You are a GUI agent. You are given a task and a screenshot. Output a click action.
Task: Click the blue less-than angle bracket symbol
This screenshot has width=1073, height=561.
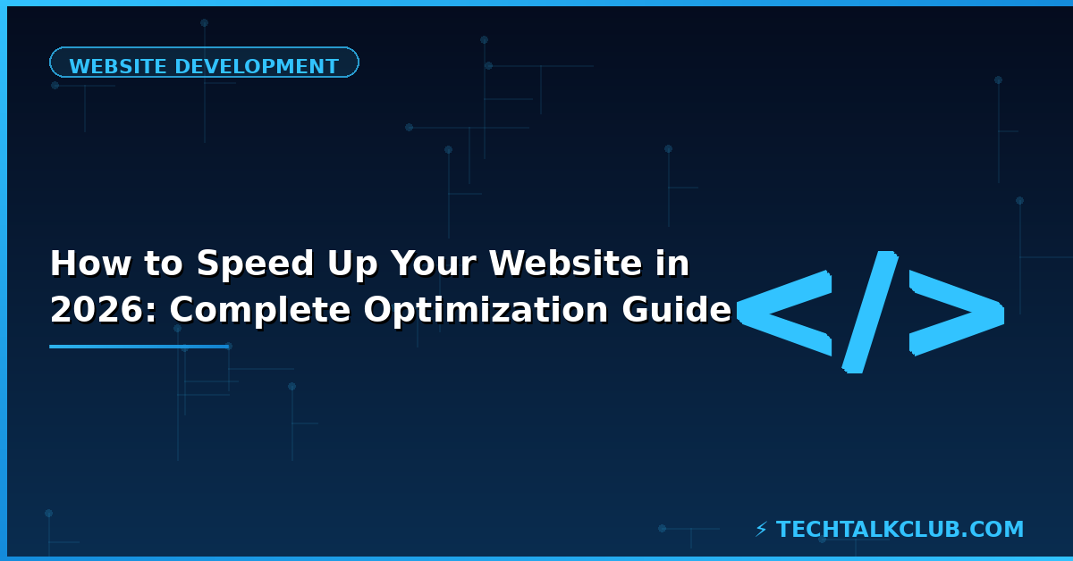click(x=784, y=314)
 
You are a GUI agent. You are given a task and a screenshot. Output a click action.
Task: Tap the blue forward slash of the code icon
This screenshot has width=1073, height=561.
click(x=868, y=312)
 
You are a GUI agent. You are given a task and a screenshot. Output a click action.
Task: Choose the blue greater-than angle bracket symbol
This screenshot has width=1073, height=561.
click(x=956, y=314)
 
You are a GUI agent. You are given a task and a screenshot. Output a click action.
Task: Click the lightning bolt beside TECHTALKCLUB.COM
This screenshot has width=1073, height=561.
click(x=761, y=530)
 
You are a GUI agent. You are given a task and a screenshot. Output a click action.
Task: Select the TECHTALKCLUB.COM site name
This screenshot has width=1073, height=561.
click(x=900, y=530)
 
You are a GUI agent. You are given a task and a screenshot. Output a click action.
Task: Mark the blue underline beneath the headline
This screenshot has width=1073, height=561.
click(x=139, y=347)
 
